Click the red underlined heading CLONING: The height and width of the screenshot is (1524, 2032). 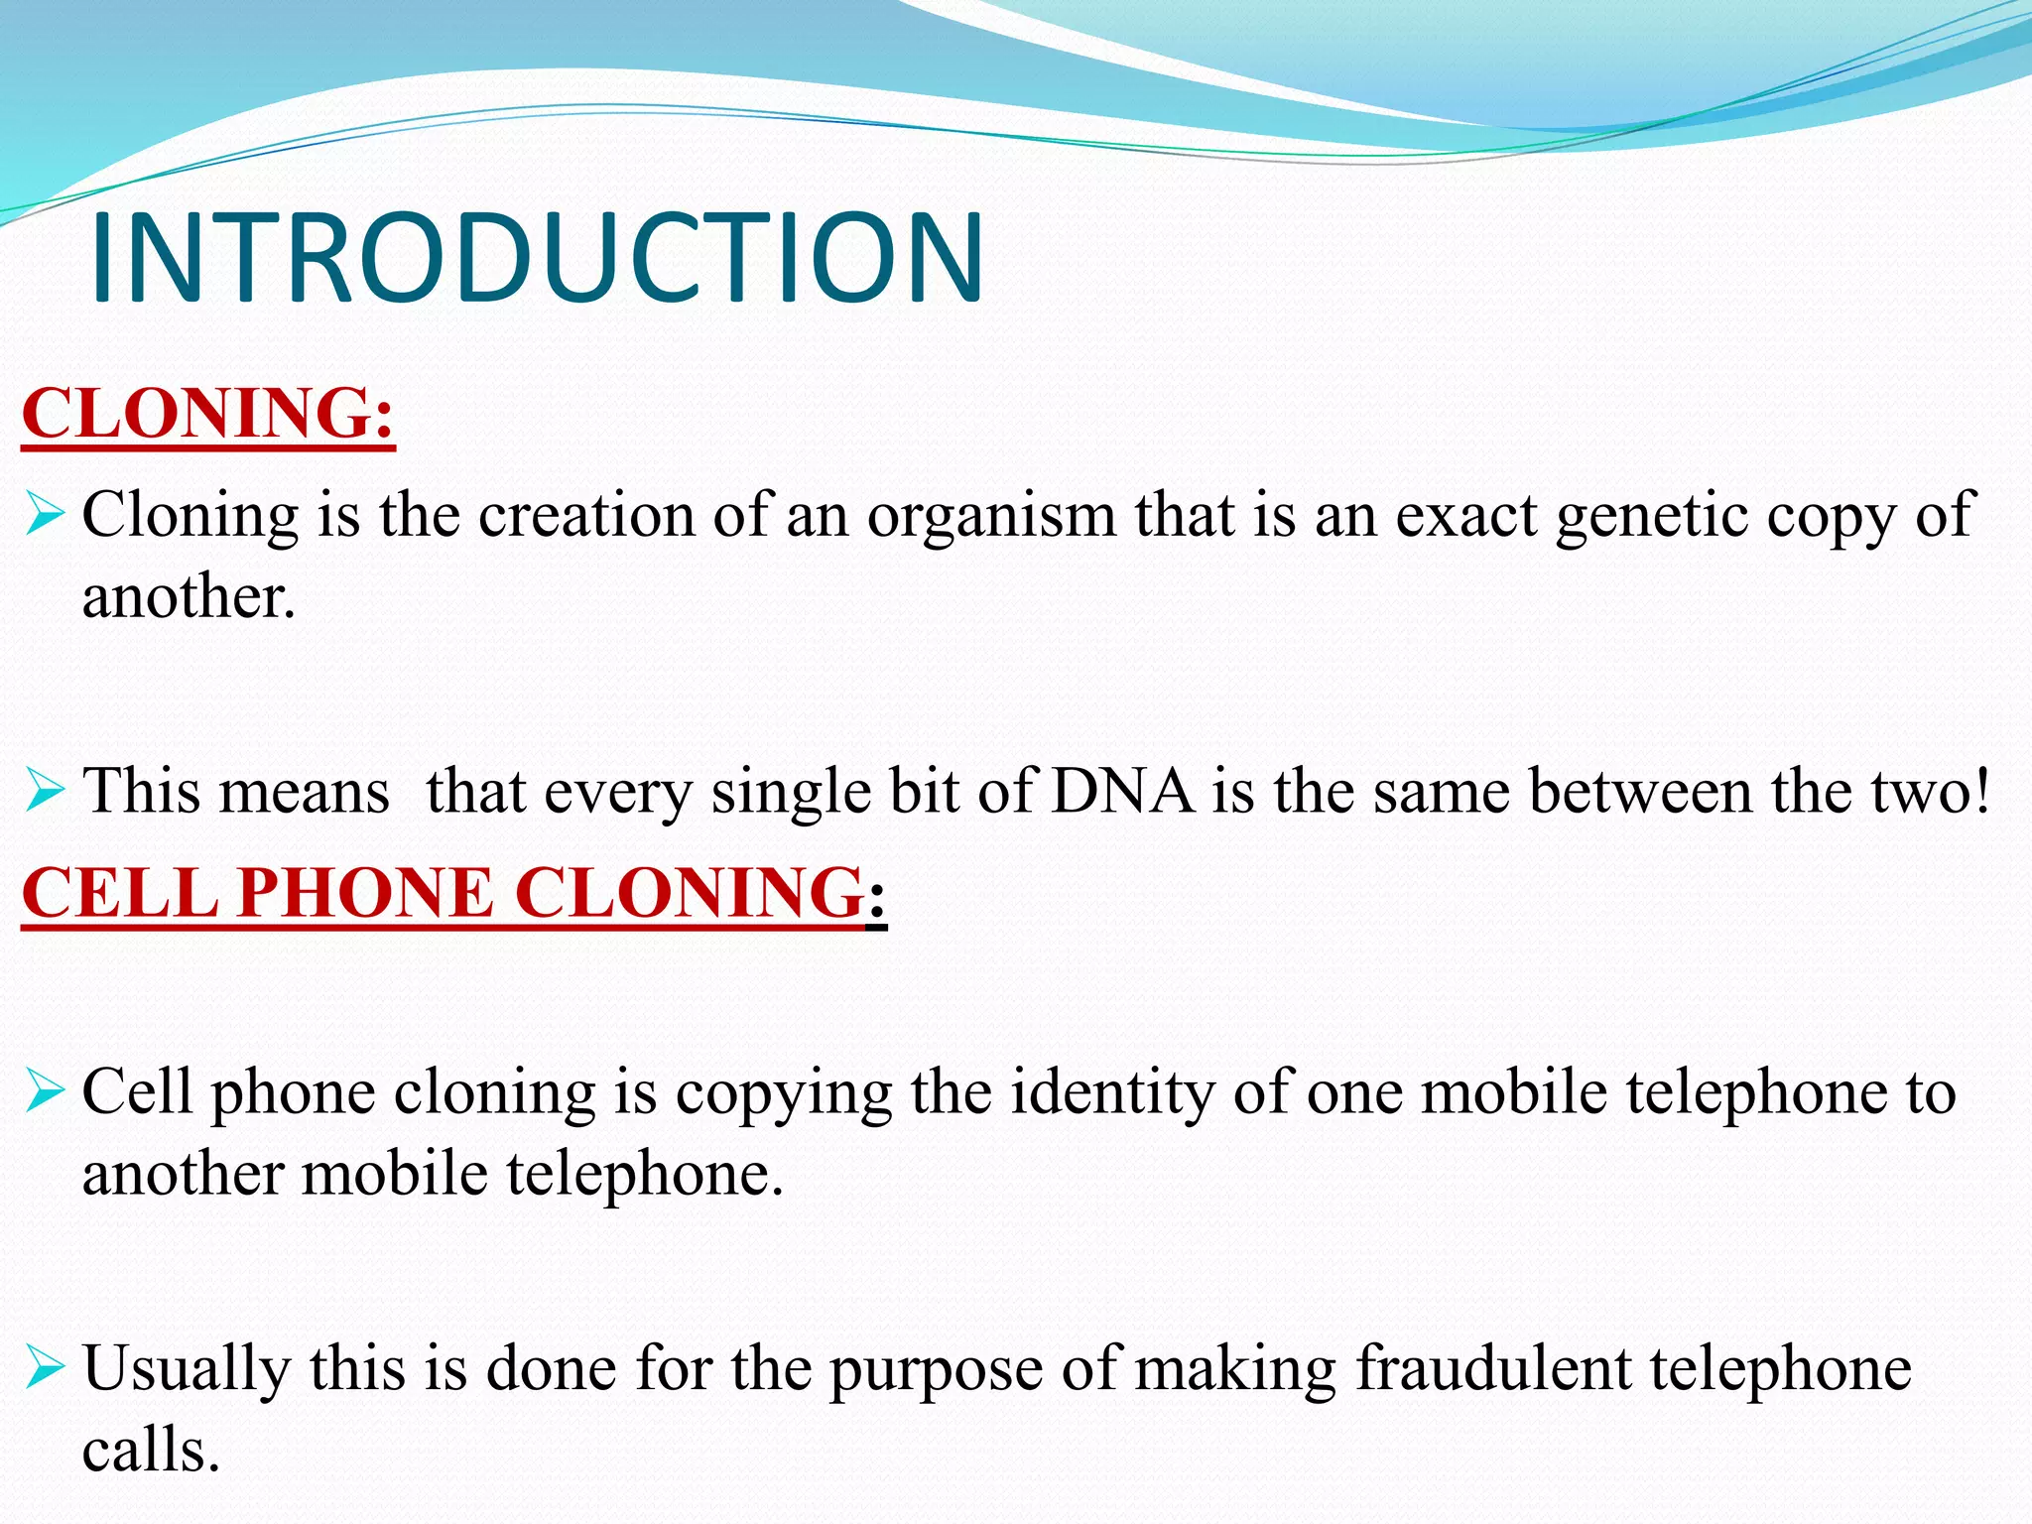[208, 414]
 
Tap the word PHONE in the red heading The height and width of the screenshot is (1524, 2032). [365, 892]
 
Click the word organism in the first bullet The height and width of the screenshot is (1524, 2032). [992, 516]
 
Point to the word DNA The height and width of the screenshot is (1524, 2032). [1122, 792]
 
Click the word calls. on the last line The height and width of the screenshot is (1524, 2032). [151, 1451]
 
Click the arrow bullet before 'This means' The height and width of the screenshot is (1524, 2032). [46, 792]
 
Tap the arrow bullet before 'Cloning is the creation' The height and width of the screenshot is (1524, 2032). [46, 516]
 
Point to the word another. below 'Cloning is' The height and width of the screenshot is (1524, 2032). [189, 597]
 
